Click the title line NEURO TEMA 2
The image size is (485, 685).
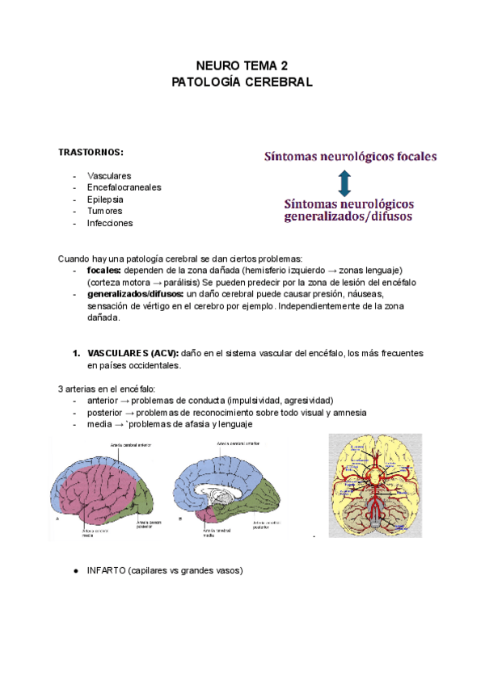(x=242, y=65)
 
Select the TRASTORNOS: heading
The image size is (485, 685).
(x=91, y=152)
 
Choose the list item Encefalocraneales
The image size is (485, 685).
(x=124, y=187)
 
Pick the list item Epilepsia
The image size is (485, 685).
(x=105, y=199)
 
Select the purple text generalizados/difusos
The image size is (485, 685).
(x=348, y=216)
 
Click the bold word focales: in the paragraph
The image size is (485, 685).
(x=103, y=270)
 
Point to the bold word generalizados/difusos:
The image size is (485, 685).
(x=135, y=294)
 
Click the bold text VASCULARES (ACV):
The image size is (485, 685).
(x=133, y=354)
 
